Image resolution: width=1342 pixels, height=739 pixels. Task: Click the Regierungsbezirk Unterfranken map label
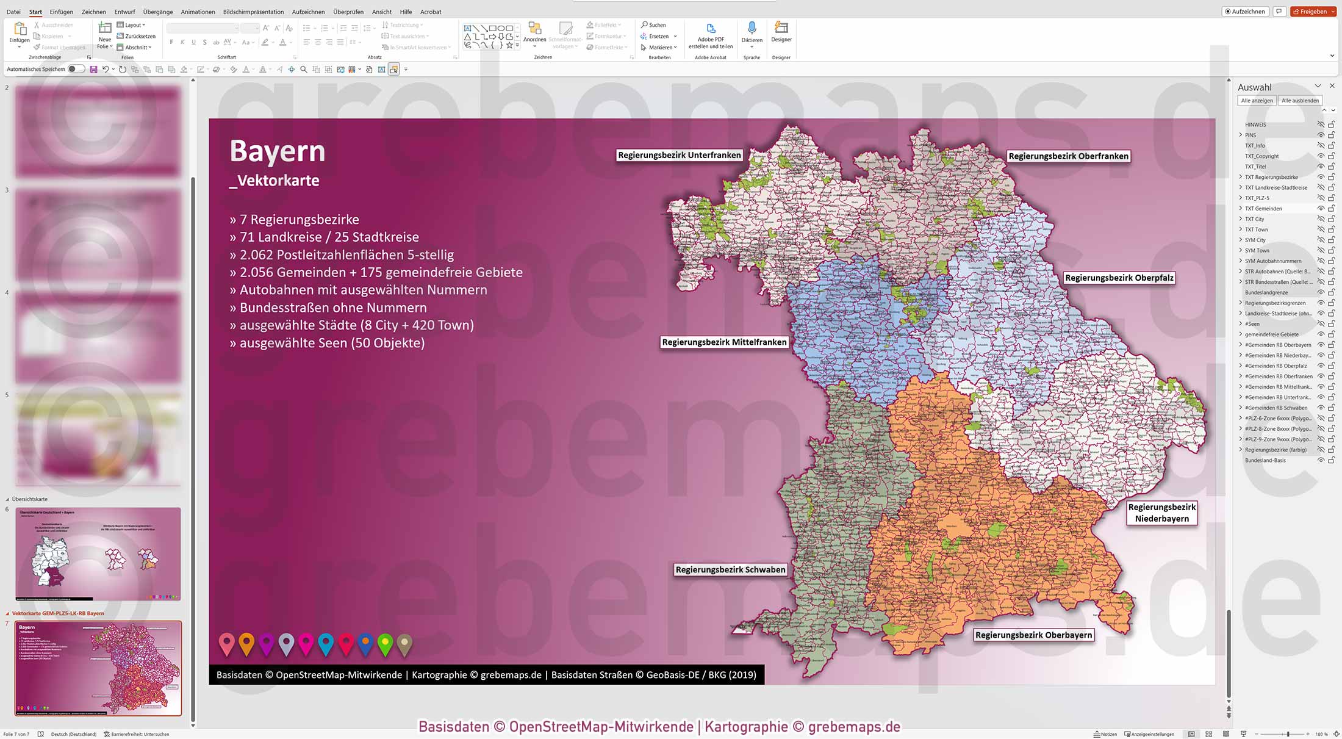coord(679,155)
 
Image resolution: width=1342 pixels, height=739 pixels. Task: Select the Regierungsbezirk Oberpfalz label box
coord(1119,278)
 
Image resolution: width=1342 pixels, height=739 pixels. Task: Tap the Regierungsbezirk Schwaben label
coord(730,569)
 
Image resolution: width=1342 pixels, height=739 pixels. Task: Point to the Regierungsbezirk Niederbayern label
coord(1161,513)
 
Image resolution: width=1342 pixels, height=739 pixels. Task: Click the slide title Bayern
coord(278,151)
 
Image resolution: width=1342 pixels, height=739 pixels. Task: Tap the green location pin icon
coord(385,644)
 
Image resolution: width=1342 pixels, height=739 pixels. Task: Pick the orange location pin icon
coord(246,643)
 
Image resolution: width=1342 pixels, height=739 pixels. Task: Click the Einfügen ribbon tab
coord(61,12)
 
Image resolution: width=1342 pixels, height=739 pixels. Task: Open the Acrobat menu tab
coord(431,12)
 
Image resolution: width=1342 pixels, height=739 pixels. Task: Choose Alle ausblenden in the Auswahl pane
coord(1300,101)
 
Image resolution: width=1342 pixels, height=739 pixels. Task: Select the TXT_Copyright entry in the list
coord(1261,156)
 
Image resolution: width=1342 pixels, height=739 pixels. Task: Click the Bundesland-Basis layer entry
coord(1265,460)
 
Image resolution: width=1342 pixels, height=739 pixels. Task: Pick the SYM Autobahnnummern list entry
coord(1273,261)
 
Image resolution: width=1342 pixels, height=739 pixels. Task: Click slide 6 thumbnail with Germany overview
coord(98,553)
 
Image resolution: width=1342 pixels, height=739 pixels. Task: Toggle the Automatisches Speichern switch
coord(76,69)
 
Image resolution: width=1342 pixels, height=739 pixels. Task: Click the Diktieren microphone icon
coord(752,29)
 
